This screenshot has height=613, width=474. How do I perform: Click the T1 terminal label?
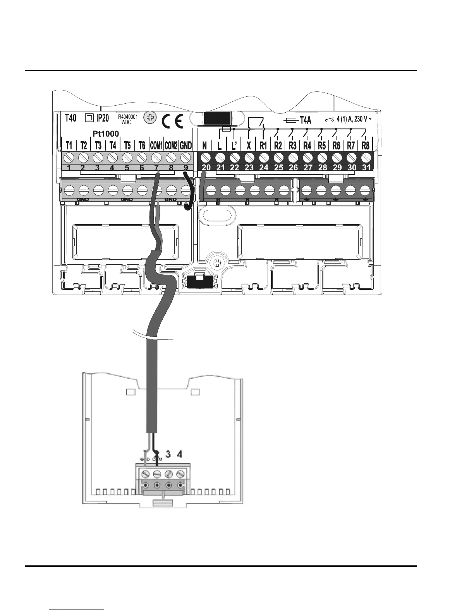[x=69, y=146]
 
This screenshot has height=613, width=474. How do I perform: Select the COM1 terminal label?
[x=156, y=146]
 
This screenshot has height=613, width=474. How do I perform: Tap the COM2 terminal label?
[x=171, y=146]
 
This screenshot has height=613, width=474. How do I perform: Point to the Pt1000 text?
[x=106, y=134]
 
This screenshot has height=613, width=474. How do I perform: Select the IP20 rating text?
[x=102, y=118]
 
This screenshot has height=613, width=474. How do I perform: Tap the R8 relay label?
[x=365, y=146]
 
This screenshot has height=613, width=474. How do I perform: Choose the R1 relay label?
[x=263, y=146]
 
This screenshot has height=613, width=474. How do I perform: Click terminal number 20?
[x=206, y=168]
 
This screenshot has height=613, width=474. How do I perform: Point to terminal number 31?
[x=366, y=168]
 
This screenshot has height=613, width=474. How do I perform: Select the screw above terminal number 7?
[x=156, y=158]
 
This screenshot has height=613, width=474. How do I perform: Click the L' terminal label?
[x=234, y=146]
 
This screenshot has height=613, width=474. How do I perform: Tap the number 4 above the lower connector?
[x=179, y=454]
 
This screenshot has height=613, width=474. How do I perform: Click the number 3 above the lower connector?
[x=168, y=454]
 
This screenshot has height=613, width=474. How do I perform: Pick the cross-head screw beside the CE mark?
[x=150, y=118]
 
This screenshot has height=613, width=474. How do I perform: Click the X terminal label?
[x=249, y=146]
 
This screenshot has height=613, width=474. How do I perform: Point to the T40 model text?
[x=70, y=118]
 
